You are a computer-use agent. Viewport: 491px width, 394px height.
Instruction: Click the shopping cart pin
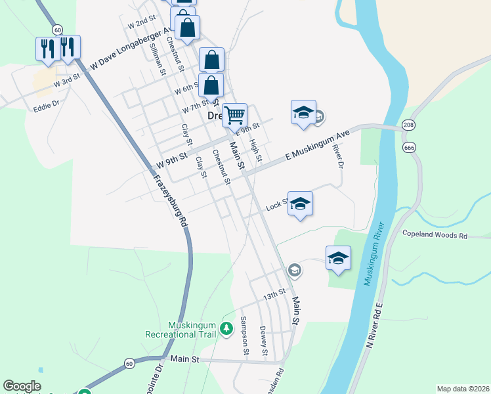point(234,116)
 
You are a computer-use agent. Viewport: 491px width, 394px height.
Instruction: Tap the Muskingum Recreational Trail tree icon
point(226,327)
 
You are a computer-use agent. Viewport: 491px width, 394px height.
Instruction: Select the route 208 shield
point(408,125)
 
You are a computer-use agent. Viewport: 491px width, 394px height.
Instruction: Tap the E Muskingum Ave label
point(316,146)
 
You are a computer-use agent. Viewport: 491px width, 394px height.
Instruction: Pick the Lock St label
point(276,206)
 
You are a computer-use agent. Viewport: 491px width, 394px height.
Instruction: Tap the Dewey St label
point(263,341)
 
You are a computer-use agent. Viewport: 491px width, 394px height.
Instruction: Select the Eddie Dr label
point(47,103)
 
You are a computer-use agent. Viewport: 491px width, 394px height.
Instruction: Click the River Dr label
point(339,156)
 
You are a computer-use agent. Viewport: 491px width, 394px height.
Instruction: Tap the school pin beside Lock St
point(300,204)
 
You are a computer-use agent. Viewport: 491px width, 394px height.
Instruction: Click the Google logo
point(22,386)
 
